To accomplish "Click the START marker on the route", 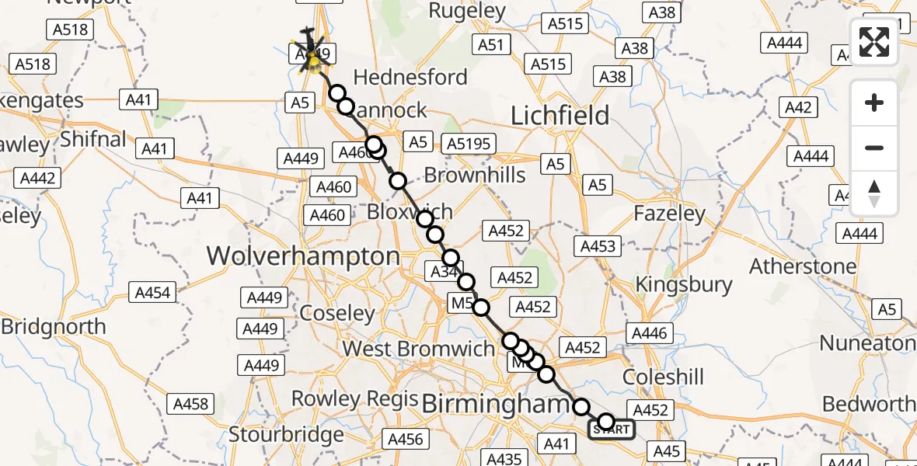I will [611, 429].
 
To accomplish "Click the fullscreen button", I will [874, 42].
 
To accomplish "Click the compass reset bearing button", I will [874, 193].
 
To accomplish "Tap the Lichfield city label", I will [560, 116].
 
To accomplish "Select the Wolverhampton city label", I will [303, 256].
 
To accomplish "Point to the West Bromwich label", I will [418, 349].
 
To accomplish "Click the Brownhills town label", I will [476, 176].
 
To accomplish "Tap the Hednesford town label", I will [410, 78].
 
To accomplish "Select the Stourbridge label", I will [286, 434].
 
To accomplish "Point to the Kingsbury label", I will [684, 284].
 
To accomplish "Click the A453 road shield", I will [598, 246].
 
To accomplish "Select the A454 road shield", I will [153, 293].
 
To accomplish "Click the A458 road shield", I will [190, 404].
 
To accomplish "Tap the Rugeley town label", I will [467, 11].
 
